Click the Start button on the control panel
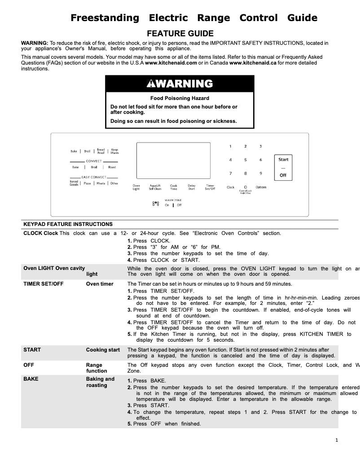(283, 160)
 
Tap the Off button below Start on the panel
(283, 175)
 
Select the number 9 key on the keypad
(261, 173)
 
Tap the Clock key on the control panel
(230, 187)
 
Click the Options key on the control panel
(261, 187)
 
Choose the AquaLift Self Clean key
(155, 187)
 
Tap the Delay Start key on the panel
(192, 187)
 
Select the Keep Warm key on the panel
(114, 152)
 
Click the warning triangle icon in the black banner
(149, 84)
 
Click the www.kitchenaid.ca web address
(253, 63)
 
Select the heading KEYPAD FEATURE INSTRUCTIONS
(68, 224)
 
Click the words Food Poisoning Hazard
(180, 98)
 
